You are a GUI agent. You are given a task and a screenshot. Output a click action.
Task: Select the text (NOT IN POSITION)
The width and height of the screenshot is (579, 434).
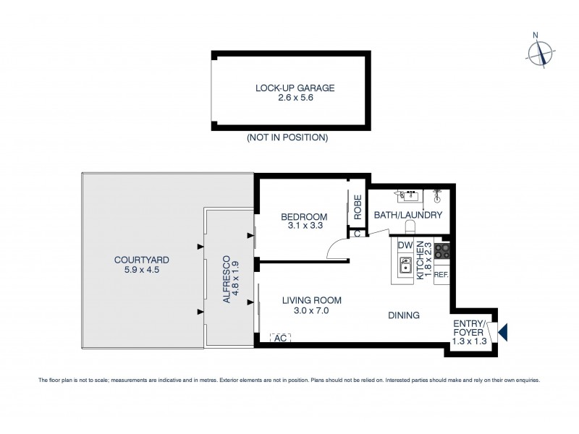coord(287,137)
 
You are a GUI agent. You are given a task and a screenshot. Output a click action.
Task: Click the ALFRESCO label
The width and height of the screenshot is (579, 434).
coord(227,278)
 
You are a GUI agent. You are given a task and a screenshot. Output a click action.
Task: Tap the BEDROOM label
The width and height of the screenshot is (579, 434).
coord(304,216)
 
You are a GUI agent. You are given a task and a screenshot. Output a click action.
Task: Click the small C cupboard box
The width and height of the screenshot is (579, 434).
coord(357,233)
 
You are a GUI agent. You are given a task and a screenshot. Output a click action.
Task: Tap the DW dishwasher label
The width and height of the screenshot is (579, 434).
coord(405,246)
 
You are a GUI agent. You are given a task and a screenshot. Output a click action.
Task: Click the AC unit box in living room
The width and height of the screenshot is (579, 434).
coord(281,338)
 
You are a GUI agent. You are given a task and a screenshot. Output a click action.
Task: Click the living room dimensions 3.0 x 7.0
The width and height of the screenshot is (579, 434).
coord(311,310)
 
